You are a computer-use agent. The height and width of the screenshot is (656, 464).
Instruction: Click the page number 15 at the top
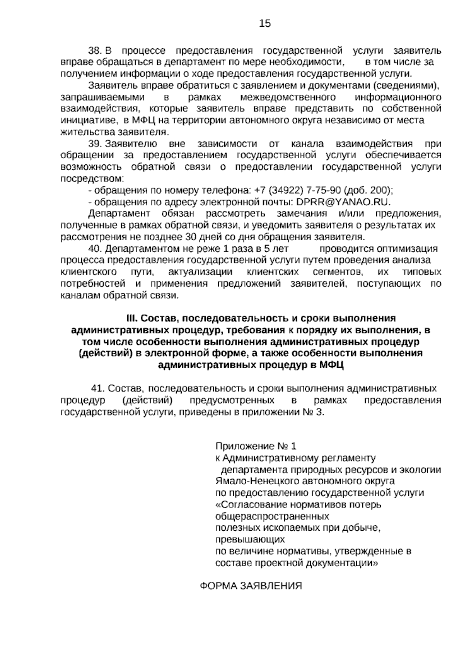[265, 24]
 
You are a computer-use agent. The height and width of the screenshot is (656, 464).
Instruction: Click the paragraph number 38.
[95, 51]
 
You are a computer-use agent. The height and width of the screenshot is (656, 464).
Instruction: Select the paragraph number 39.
[95, 144]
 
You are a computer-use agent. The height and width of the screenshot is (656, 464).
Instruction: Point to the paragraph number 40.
[95, 248]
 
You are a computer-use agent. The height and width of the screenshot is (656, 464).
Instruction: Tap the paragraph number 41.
[98, 388]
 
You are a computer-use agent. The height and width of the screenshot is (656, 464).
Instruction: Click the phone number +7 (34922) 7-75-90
[297, 190]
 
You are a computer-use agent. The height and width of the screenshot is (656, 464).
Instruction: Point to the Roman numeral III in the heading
[132, 318]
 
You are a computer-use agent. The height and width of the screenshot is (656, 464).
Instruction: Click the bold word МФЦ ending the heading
[332, 365]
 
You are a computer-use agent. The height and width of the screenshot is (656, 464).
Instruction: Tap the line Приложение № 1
[256, 446]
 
